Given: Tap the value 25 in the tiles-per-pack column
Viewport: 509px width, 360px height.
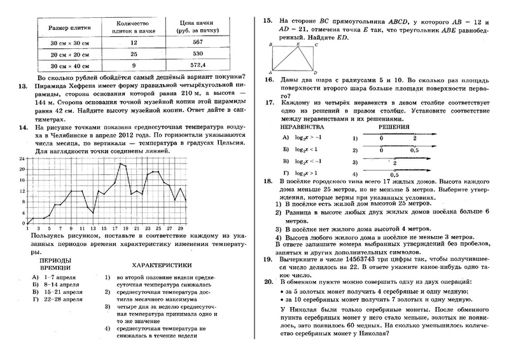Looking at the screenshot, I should (133, 55).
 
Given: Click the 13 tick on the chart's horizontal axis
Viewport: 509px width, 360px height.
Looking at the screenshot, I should (92, 227).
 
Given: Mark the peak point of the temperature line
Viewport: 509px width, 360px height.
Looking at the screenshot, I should (120, 164).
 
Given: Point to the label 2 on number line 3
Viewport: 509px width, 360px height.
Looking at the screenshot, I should (395, 164).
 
